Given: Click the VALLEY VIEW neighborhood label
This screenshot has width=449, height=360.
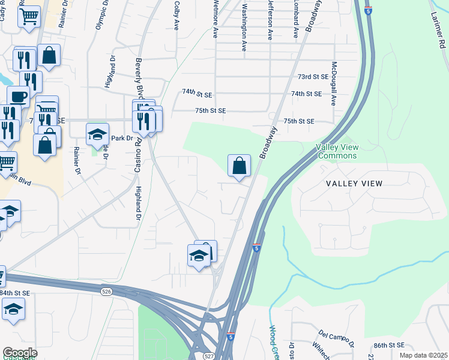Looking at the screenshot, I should [354, 183].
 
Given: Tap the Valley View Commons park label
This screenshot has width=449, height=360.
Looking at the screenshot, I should [337, 151].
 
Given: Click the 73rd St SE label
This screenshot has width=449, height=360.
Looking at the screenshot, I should [313, 77].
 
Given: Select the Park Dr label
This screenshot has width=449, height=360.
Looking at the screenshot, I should [122, 138].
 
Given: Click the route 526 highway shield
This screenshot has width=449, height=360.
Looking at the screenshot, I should [106, 291].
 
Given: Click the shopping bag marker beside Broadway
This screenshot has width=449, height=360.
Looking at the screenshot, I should [239, 166].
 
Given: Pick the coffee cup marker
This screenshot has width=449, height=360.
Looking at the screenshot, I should [18, 96].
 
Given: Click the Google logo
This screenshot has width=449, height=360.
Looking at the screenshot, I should [20, 353].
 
